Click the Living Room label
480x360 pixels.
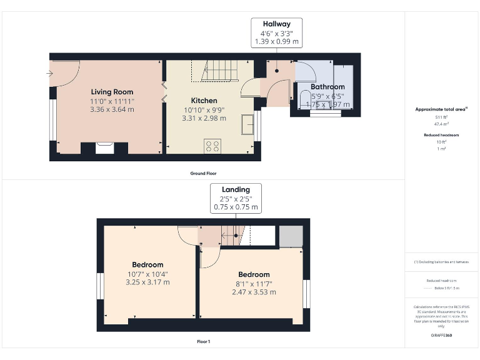coord(112,92)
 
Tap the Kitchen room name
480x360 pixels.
coord(204,101)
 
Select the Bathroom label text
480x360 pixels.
coord(327,87)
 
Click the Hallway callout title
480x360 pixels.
coord(276,24)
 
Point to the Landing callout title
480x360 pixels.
coord(236,189)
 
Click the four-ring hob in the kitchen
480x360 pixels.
coord(212,146)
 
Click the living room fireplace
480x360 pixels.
coord(104,147)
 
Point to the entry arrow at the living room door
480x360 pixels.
coord(50,73)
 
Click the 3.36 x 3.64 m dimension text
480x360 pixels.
coord(112,109)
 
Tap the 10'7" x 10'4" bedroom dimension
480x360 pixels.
coord(147,273)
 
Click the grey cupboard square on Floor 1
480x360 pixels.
coord(290,236)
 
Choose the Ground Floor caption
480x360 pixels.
coord(204,173)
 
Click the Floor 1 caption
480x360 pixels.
coord(203,342)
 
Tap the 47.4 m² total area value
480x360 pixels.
coord(441,124)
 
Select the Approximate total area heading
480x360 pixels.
coord(441,109)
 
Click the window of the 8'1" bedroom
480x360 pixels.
coord(306,294)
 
